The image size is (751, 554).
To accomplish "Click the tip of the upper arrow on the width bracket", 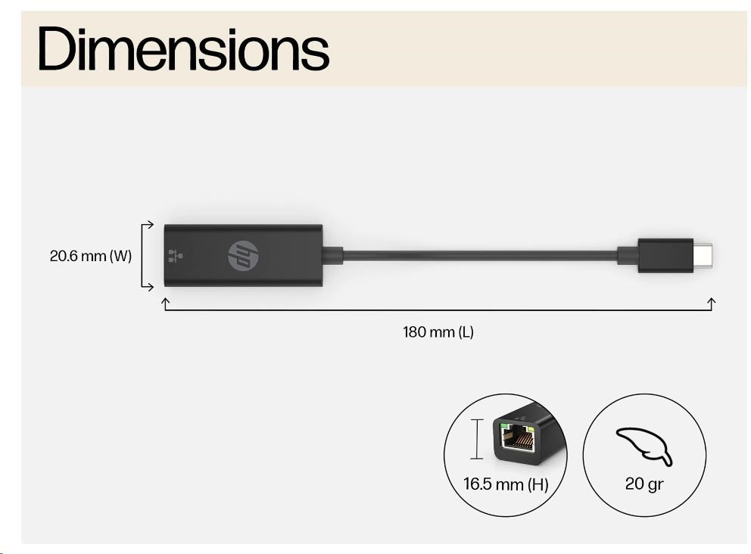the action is pos(154,224).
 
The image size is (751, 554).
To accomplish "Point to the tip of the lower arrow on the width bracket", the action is pos(154,287).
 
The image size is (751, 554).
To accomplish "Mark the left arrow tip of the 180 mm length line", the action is pos(165,299).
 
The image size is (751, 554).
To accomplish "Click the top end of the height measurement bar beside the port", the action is pos(476,419).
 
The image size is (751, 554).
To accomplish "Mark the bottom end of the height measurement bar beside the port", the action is pos(476,459).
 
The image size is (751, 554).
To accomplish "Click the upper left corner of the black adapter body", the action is pos(165,225).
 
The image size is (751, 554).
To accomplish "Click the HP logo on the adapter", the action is pos(243,256).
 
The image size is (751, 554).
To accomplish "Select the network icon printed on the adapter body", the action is pos(176,256).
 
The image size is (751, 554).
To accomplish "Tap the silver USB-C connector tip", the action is pos(703,256).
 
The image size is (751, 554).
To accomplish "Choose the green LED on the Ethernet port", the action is pos(504,425).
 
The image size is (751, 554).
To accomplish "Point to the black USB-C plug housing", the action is pos(665,256).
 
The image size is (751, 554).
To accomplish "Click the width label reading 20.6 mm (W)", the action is pos(91,256).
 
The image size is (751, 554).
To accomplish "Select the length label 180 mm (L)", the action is pos(438,331).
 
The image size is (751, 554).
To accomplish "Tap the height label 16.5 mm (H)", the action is pos(506,484).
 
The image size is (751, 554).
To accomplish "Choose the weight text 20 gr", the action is pos(644,484).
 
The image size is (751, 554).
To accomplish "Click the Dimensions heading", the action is pos(183,49).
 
